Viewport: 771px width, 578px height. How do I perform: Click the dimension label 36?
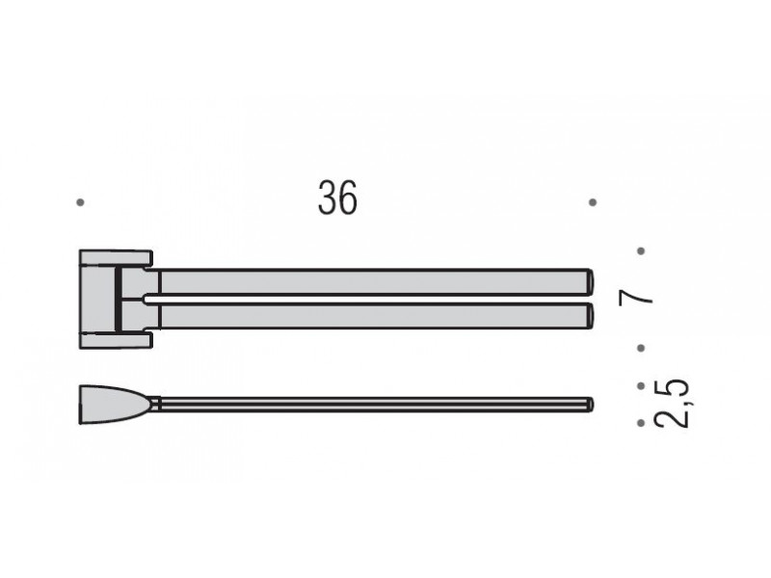(x=338, y=197)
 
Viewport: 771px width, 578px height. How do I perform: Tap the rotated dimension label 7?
(x=636, y=298)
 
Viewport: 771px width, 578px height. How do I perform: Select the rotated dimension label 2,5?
(x=671, y=404)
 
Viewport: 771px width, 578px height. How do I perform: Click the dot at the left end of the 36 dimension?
(x=81, y=202)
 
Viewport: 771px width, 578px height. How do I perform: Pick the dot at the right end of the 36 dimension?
(x=593, y=202)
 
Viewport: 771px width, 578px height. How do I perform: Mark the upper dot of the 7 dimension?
(x=641, y=251)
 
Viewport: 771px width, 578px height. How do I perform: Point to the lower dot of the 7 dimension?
(x=641, y=348)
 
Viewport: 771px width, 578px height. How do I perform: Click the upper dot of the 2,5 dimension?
(x=641, y=386)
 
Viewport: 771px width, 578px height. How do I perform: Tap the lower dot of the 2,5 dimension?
(x=641, y=423)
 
